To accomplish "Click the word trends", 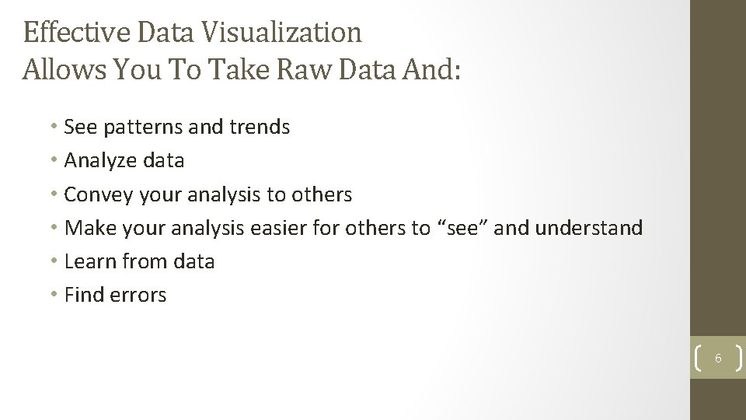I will (258, 128).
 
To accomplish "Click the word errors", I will (138, 296).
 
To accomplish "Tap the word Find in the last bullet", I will (82, 296).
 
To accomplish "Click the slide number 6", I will (718, 359).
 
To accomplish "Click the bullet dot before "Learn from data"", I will (56, 262).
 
